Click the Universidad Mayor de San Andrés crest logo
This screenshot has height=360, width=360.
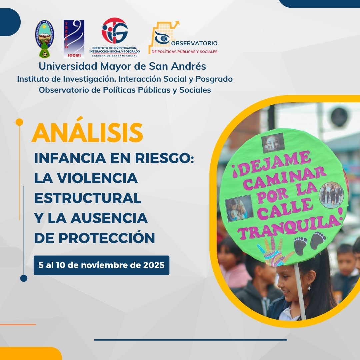coord(45,39)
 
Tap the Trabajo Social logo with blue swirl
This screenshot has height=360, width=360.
coord(74,39)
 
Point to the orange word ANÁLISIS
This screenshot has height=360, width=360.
coord(87,133)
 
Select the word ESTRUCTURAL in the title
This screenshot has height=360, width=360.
coord(88,198)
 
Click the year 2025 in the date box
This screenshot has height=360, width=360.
coord(154,265)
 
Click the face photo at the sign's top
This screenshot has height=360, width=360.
coord(273,143)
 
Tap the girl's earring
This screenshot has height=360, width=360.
coord(309,287)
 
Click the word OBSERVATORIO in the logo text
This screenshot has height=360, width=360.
coord(194,43)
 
